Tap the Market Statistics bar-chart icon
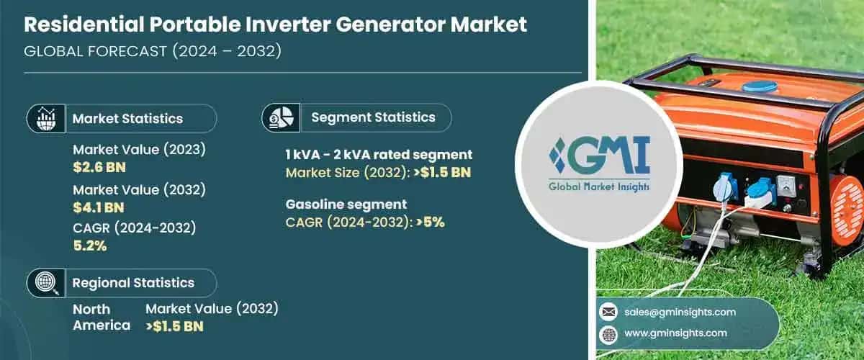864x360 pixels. [x=45, y=117]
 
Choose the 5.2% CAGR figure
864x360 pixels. [x=89, y=246]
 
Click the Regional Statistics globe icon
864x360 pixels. [x=45, y=282]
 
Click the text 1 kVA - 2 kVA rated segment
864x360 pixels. [x=379, y=154]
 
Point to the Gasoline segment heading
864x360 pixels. [x=346, y=204]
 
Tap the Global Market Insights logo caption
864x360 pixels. [x=599, y=186]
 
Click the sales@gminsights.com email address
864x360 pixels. [x=680, y=312]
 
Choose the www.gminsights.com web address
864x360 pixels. [x=676, y=333]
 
